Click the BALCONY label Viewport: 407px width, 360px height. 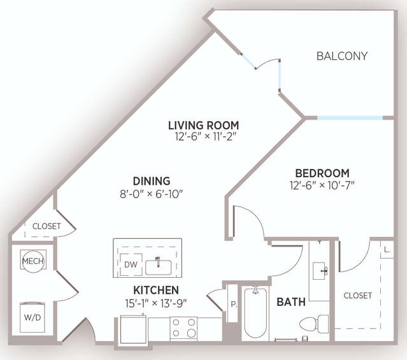(x=342, y=56)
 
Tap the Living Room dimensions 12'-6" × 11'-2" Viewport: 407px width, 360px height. (x=206, y=136)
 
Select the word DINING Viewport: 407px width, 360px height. (x=152, y=181)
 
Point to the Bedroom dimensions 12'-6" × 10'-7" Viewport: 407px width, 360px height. (x=322, y=185)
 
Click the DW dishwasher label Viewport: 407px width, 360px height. (x=131, y=264)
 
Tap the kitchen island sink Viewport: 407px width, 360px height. (x=159, y=267)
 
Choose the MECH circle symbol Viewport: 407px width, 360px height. (x=33, y=261)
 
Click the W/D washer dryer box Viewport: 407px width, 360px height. (x=32, y=317)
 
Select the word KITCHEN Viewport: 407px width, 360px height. (x=156, y=290)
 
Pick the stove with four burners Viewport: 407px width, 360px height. (x=183, y=328)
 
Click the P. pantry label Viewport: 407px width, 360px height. (x=234, y=304)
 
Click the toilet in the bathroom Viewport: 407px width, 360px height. (x=314, y=324)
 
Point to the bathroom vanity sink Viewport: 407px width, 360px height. (x=320, y=271)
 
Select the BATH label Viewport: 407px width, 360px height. (x=291, y=302)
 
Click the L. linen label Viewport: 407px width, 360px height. (x=387, y=250)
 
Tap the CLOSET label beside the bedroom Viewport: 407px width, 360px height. (x=358, y=296)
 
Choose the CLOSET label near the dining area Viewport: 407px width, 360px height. (x=46, y=226)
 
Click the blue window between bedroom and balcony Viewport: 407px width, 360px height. (x=350, y=118)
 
